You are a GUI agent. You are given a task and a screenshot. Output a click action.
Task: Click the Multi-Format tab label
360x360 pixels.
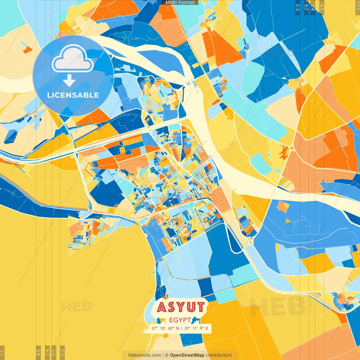click(180, 3)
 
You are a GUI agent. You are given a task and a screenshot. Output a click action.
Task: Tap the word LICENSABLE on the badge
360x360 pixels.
click(73, 95)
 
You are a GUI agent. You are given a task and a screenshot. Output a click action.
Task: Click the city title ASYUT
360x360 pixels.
click(181, 307)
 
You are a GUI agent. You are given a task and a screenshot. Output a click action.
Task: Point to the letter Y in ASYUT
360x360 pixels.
click(181, 307)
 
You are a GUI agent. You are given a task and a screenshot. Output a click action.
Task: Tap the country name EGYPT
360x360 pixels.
click(180, 320)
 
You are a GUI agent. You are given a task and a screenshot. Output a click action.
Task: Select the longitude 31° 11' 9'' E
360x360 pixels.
click(196, 328)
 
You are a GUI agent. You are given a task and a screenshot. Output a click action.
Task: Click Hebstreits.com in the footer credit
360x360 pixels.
click(145, 355)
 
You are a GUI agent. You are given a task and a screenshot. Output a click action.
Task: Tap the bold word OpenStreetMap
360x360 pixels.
click(187, 355)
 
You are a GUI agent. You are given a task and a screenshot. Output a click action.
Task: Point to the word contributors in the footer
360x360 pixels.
click(219, 355)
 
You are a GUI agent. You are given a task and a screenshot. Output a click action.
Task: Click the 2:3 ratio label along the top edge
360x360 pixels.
click(298, 7)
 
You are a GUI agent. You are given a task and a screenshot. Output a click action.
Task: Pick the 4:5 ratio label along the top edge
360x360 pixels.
click(322, 7)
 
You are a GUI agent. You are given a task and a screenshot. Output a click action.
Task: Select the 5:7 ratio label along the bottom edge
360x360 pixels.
click(54, 352)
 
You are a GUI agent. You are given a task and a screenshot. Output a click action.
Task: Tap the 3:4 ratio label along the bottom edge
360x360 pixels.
click(47, 352)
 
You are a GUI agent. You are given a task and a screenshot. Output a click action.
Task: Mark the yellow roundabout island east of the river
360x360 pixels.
click(292, 148)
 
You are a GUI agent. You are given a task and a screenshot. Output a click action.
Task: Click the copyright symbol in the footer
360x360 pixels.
click(166, 355)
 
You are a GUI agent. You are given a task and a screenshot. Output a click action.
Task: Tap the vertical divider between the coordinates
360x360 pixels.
click(182, 328)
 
